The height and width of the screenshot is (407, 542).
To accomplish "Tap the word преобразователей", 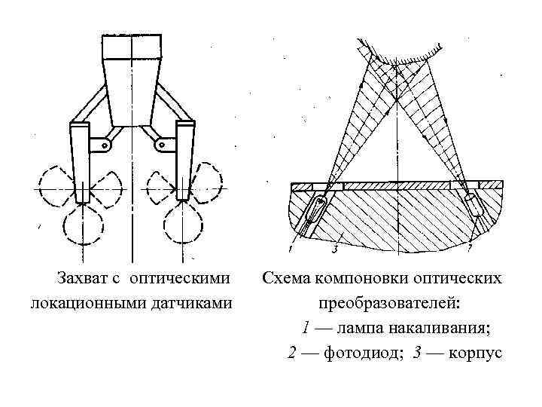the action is [390, 303].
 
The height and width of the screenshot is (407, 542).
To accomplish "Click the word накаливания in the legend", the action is [441, 328].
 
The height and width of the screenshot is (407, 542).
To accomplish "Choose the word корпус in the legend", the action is [476, 353].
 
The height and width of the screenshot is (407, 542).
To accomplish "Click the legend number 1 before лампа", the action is [305, 328].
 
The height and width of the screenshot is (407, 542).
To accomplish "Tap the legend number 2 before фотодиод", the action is [292, 353].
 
